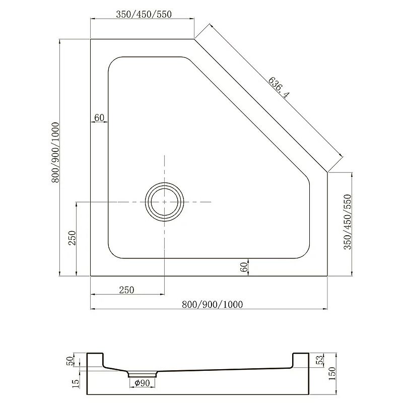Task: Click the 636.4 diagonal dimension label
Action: [x=279, y=87]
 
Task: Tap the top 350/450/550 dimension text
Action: [x=144, y=14]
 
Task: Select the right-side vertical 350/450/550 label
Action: [x=348, y=222]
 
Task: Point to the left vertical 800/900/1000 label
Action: [x=55, y=153]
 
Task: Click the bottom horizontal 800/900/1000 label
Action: [x=212, y=304]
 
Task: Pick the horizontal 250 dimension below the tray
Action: [x=127, y=290]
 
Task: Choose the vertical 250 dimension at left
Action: [x=73, y=238]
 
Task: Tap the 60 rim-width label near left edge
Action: [x=99, y=117]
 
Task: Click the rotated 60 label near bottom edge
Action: [x=244, y=267]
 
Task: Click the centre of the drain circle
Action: [x=165, y=202]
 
